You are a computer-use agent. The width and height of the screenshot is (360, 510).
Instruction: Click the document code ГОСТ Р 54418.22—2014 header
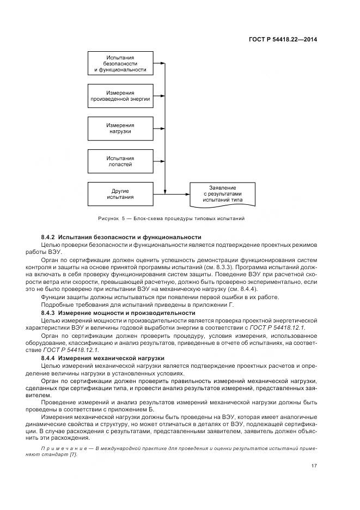tap(284, 39)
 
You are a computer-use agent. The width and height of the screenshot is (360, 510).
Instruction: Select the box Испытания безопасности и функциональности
tap(120, 64)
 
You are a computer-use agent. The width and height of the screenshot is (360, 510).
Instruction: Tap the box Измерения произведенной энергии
tap(120, 96)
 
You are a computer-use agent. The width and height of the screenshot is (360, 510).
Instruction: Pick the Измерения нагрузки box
tap(120, 128)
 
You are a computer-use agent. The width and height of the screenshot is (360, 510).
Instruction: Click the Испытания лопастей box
tap(120, 161)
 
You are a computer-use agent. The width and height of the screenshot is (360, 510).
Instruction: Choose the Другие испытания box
tap(120, 193)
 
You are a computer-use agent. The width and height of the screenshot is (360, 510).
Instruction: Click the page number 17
tap(314, 465)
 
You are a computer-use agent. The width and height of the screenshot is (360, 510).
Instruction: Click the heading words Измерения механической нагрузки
tap(112, 359)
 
